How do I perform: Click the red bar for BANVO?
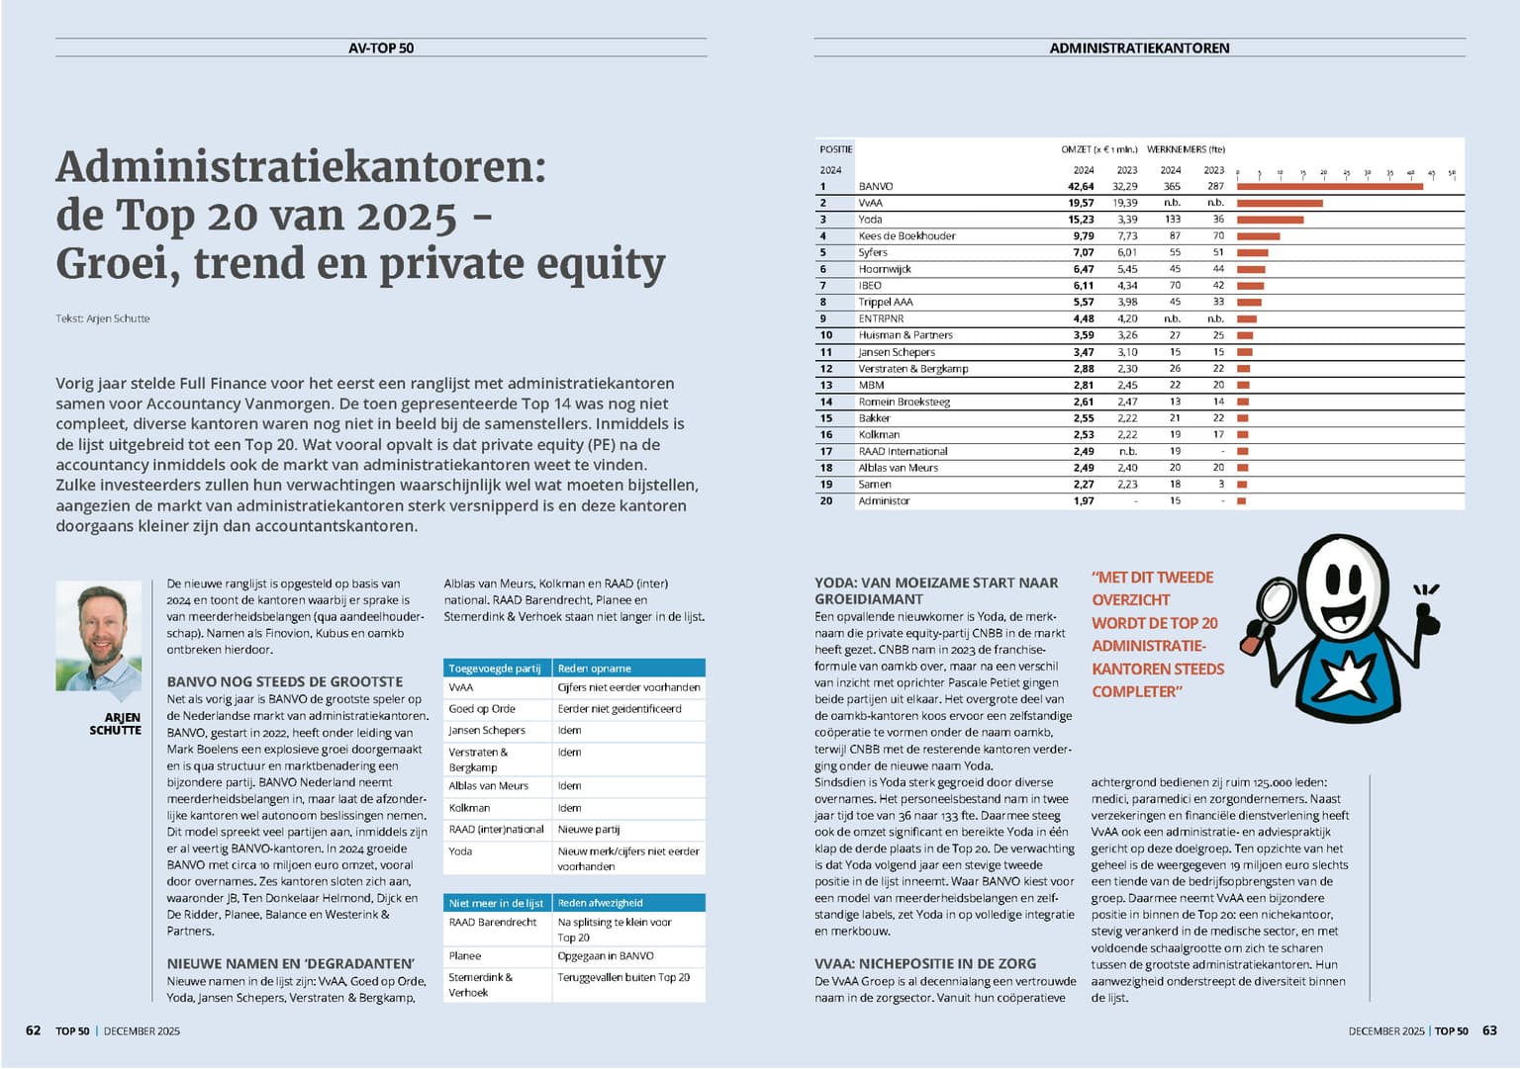(x=1329, y=186)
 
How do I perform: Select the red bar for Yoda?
(x=1270, y=220)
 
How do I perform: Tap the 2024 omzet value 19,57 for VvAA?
(x=1081, y=203)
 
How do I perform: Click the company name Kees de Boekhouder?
(x=906, y=236)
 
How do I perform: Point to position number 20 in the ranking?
(x=826, y=501)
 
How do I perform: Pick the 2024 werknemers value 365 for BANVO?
(x=1172, y=186)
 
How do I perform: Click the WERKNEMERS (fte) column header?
(x=1186, y=150)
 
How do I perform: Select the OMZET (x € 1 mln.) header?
(x=1098, y=150)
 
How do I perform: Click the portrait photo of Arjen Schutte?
(x=99, y=636)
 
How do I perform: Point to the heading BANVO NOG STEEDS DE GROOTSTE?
(x=285, y=681)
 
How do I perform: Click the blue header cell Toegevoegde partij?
(x=495, y=668)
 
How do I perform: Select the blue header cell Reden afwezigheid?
(x=600, y=903)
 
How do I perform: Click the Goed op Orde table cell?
(x=482, y=709)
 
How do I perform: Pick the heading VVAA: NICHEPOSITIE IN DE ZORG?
(x=925, y=963)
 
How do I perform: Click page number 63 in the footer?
(x=1490, y=1030)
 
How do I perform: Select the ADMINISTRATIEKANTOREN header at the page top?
(x=1139, y=47)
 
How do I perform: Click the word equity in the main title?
(x=603, y=264)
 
